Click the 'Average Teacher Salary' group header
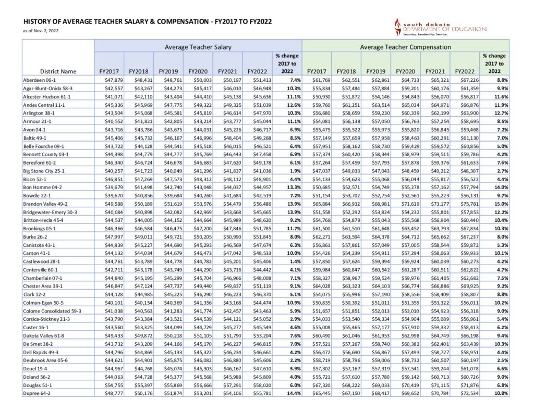(198, 47)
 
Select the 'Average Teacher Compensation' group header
(405, 47)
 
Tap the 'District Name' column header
(57, 71)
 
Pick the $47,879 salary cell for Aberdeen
(110, 79)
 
